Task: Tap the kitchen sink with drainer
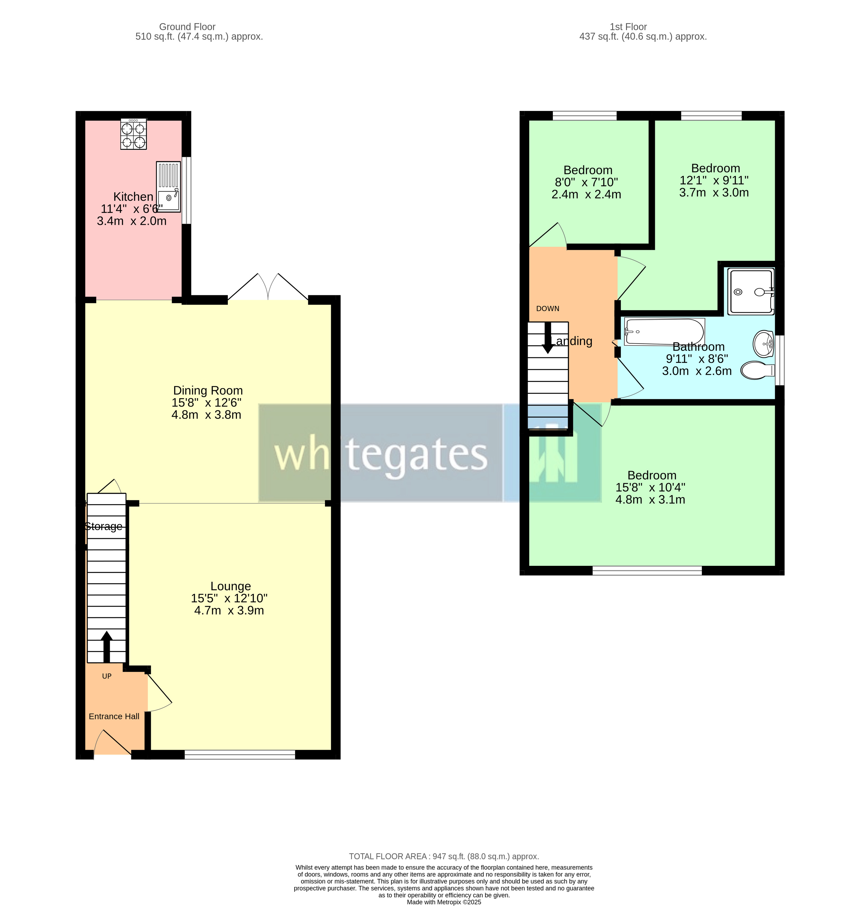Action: pyautogui.click(x=168, y=186)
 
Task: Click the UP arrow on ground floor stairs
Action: pyautogui.click(x=106, y=646)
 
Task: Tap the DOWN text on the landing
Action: pyautogui.click(x=547, y=308)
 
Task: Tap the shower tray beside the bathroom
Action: pyautogui.click(x=750, y=292)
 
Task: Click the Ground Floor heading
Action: pyautogui.click(x=187, y=27)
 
